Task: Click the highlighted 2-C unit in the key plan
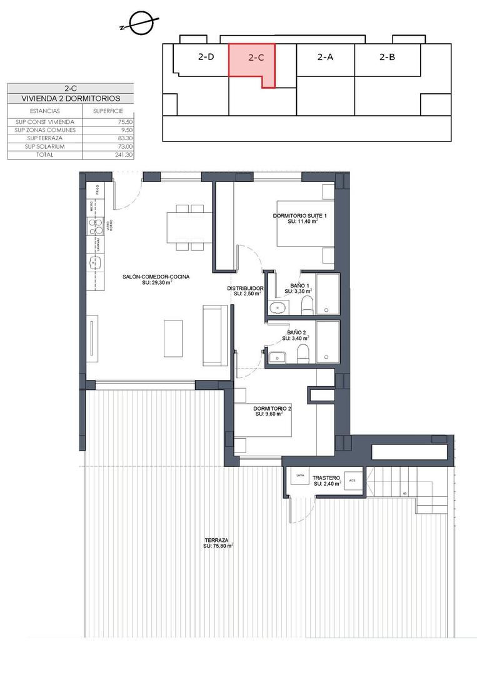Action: [251, 60]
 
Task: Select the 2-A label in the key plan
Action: [325, 57]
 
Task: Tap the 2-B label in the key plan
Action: [387, 57]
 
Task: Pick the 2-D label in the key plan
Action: [206, 57]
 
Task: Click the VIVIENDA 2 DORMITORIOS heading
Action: [71, 99]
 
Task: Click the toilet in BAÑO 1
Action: [307, 305]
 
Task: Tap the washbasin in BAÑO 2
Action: [277, 356]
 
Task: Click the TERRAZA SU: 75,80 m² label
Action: [217, 543]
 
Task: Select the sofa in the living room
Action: [215, 335]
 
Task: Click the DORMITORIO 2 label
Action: [268, 410]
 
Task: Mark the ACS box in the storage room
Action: [353, 481]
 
